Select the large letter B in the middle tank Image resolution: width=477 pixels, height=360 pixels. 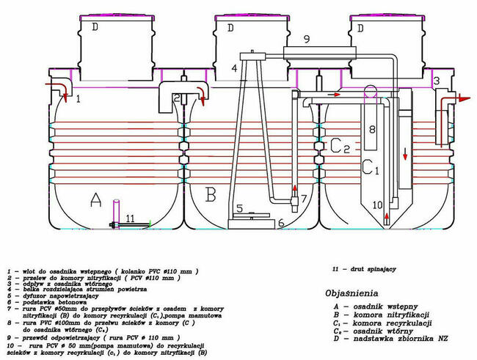(210, 195)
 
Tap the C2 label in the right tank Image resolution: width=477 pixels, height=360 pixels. (339, 146)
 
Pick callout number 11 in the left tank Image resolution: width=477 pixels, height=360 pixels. (129, 218)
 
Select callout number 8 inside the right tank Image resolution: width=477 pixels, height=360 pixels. (372, 130)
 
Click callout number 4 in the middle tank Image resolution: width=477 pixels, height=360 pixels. (234, 68)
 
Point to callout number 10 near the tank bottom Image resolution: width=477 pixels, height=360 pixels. (378, 205)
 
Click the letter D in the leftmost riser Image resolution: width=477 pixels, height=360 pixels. (95, 27)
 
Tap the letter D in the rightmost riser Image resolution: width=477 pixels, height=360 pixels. (361, 27)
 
